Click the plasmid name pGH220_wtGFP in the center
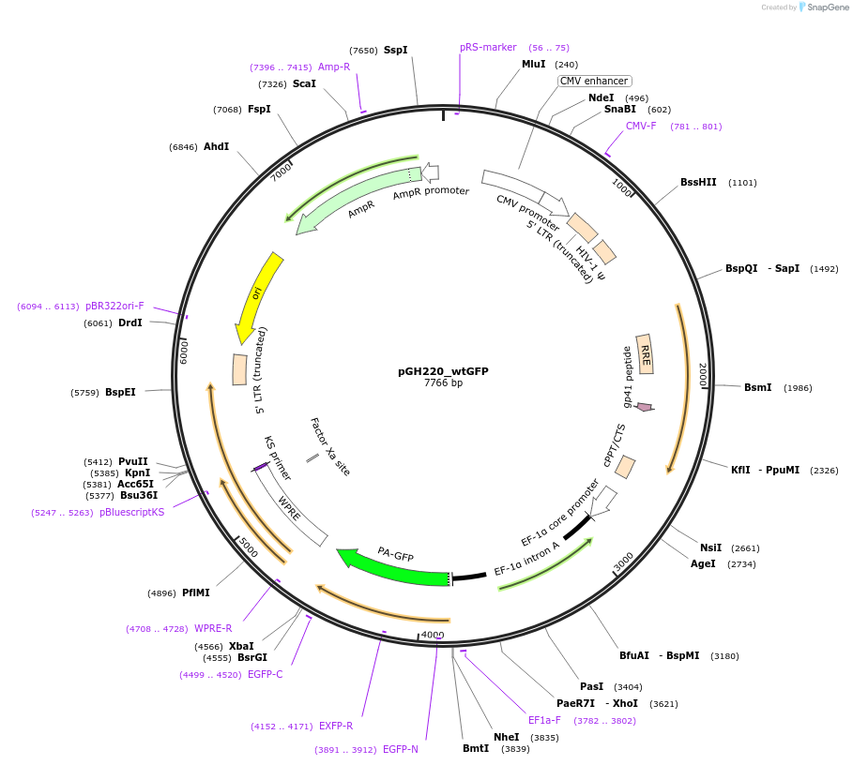pyautogui.click(x=443, y=371)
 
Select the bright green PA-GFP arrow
pyautogui.click(x=394, y=567)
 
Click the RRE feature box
pyautogui.click(x=646, y=353)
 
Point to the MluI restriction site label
pyautogui.click(x=533, y=65)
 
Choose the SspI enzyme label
pyautogui.click(x=395, y=51)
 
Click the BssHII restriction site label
pyautogui.click(x=698, y=183)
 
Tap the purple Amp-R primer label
pyautogui.click(x=334, y=67)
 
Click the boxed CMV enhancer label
pyautogui.click(x=594, y=82)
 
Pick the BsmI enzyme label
pyautogui.click(x=757, y=388)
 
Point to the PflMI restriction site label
pyautogui.click(x=196, y=592)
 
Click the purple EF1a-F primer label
pyautogui.click(x=544, y=721)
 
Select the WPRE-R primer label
pyautogui.click(x=213, y=629)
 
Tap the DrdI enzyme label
pyautogui.click(x=130, y=323)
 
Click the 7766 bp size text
pyautogui.click(x=443, y=383)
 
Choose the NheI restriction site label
pyautogui.click(x=506, y=738)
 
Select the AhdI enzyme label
pyautogui.click(x=216, y=147)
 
